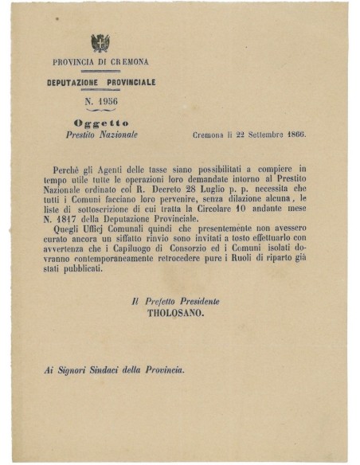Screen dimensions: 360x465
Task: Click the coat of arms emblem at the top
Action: [100, 42]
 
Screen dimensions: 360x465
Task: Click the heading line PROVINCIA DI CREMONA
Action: [100, 62]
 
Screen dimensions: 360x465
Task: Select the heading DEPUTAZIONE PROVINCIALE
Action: [100, 82]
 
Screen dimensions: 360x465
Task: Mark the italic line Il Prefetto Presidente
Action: [175, 301]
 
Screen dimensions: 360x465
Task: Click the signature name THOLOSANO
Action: [175, 314]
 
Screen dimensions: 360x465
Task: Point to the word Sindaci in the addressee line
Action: [100, 369]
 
